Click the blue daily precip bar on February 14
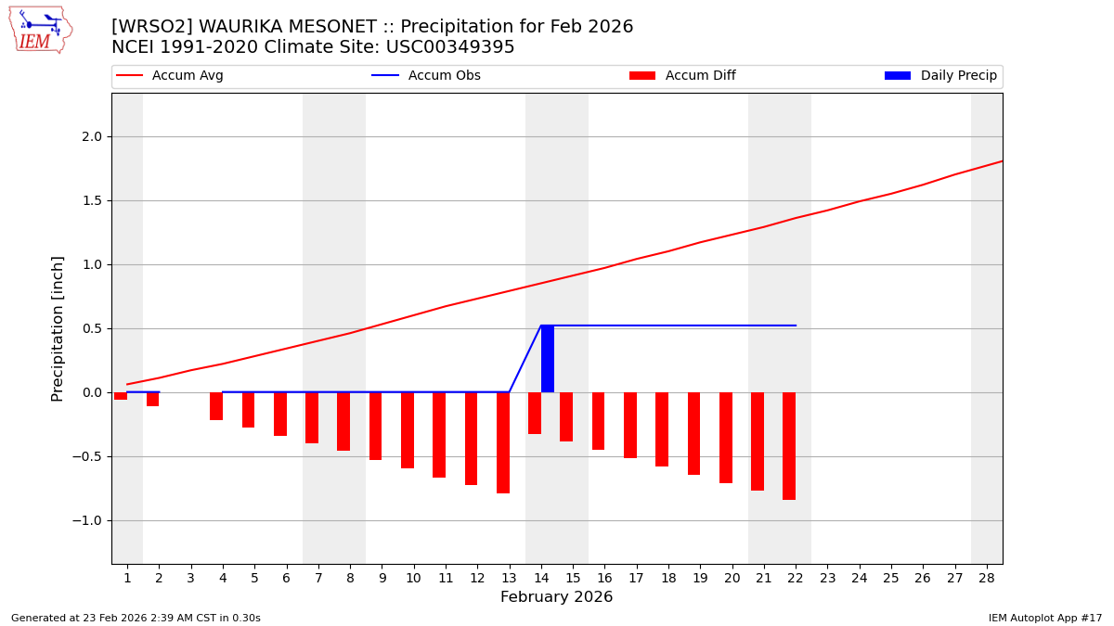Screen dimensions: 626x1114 548,359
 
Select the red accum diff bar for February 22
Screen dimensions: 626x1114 789,446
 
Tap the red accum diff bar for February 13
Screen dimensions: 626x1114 503,442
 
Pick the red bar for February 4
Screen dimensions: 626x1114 216,406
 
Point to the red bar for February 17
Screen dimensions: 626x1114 630,425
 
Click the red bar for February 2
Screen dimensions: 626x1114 152,399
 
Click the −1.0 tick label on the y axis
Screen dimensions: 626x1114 87,520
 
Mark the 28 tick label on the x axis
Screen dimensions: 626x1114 986,579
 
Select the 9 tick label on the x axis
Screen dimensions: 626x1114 382,579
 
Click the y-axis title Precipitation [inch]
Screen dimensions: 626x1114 58,328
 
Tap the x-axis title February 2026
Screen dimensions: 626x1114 556,597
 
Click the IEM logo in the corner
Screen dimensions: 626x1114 40,30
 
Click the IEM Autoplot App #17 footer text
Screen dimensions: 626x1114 1044,618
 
